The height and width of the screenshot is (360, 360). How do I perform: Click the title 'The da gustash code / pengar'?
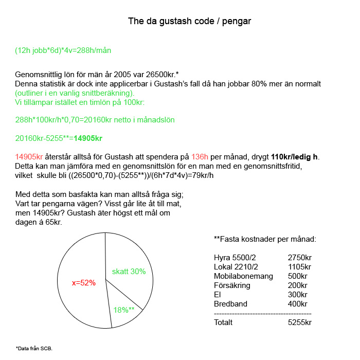click(189, 22)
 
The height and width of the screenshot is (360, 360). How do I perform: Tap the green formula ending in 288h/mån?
click(63, 50)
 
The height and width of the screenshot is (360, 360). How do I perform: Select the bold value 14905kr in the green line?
click(87, 138)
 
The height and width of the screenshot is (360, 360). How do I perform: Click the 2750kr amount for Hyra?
click(300, 258)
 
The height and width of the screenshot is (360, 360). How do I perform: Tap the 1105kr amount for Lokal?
click(300, 267)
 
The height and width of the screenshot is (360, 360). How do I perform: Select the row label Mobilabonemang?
click(240, 276)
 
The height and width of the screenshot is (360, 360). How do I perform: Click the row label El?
click(217, 295)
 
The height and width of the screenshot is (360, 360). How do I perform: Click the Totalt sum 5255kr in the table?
click(300, 322)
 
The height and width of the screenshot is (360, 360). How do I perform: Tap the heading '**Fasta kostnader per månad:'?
click(264, 239)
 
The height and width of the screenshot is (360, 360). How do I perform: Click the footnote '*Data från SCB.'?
click(34, 348)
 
